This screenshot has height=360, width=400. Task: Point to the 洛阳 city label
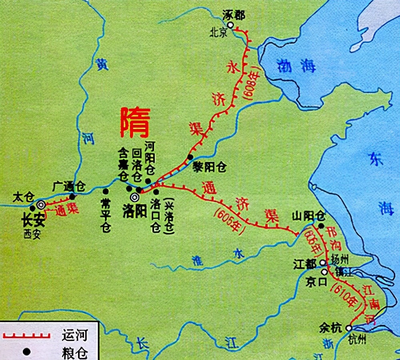[x=134, y=212]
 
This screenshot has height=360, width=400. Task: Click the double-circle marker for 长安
[x=41, y=205]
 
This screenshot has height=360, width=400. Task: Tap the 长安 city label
[x=32, y=220]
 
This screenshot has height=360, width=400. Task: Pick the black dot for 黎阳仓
[x=190, y=156]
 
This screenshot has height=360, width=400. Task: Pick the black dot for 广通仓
[x=72, y=196]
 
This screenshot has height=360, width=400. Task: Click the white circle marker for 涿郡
[x=230, y=25]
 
